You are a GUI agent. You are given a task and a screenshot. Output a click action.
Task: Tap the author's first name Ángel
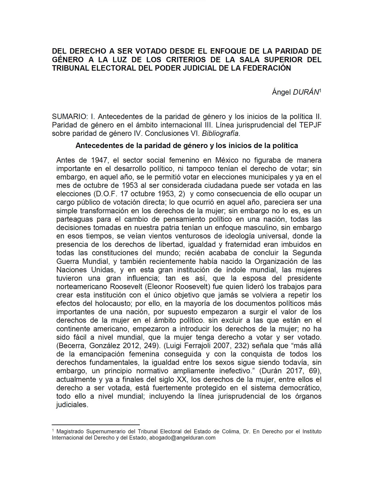click(x=281, y=92)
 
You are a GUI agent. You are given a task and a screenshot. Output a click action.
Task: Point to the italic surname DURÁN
click(x=306, y=92)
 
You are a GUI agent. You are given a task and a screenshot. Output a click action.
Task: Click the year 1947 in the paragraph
click(x=99, y=160)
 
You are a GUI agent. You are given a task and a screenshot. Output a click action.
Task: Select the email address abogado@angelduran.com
click(x=182, y=438)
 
